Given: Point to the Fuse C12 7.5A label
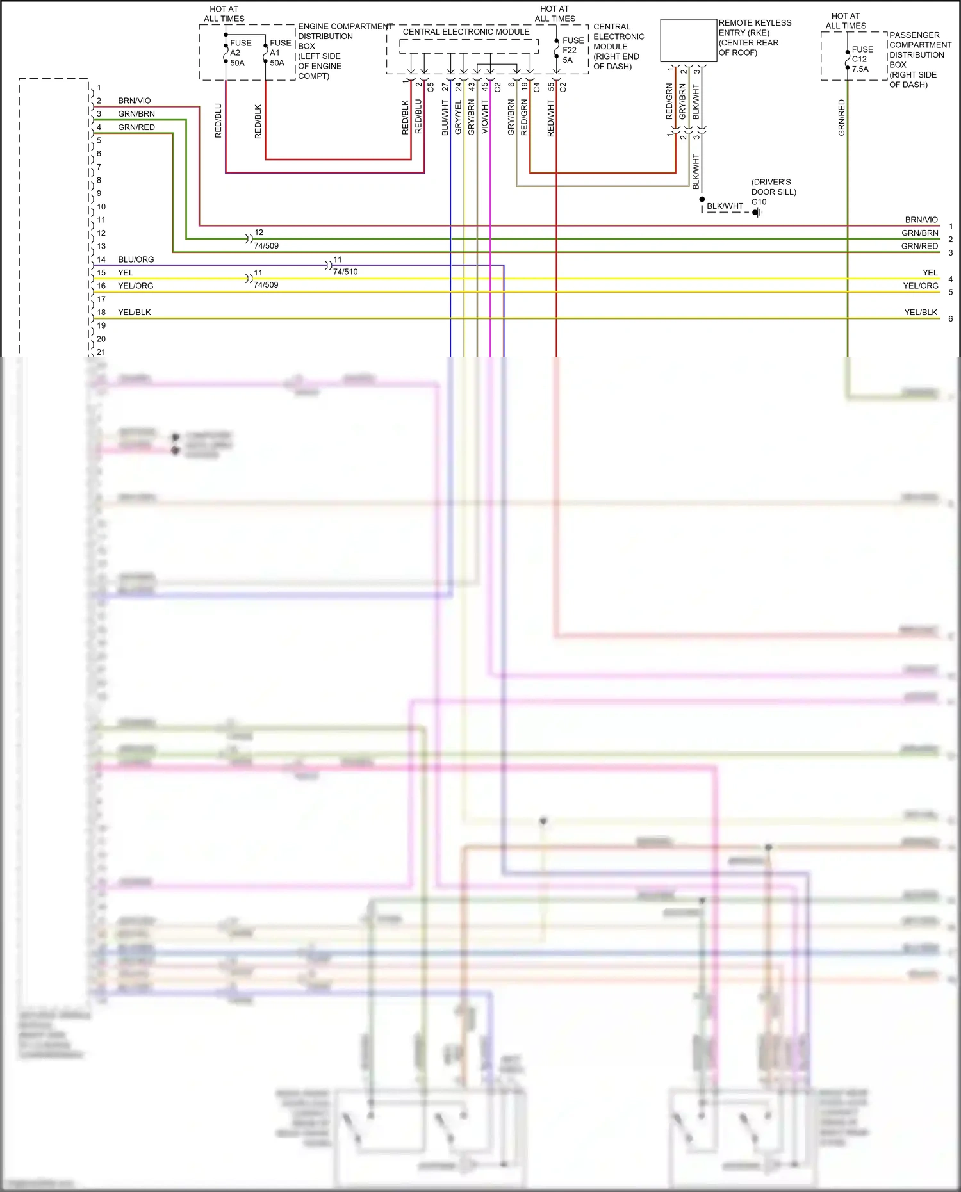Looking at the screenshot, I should click(x=862, y=59).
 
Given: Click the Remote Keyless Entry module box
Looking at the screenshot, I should click(x=688, y=40).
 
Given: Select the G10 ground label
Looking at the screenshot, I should click(x=759, y=202).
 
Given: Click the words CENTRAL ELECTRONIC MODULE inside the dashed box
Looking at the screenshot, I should click(x=466, y=31).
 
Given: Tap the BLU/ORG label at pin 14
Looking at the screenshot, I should click(x=136, y=259).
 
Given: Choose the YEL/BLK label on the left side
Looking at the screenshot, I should click(x=135, y=313).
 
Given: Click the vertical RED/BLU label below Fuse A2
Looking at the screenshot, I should click(x=218, y=120).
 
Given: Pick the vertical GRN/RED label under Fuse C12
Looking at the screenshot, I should click(x=842, y=117).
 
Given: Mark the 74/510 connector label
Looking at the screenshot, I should click(x=345, y=272).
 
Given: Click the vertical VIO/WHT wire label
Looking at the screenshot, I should click(x=485, y=117).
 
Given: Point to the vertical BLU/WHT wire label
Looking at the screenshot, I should click(x=445, y=117).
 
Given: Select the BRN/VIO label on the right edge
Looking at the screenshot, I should click(x=921, y=220).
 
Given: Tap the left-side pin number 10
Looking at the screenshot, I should click(x=101, y=207).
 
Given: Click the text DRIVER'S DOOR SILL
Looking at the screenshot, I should click(x=773, y=187).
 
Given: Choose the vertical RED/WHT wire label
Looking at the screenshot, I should click(x=551, y=118).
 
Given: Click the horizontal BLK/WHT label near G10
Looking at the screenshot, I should click(x=725, y=206).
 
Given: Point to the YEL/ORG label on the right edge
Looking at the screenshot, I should click(x=921, y=286).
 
